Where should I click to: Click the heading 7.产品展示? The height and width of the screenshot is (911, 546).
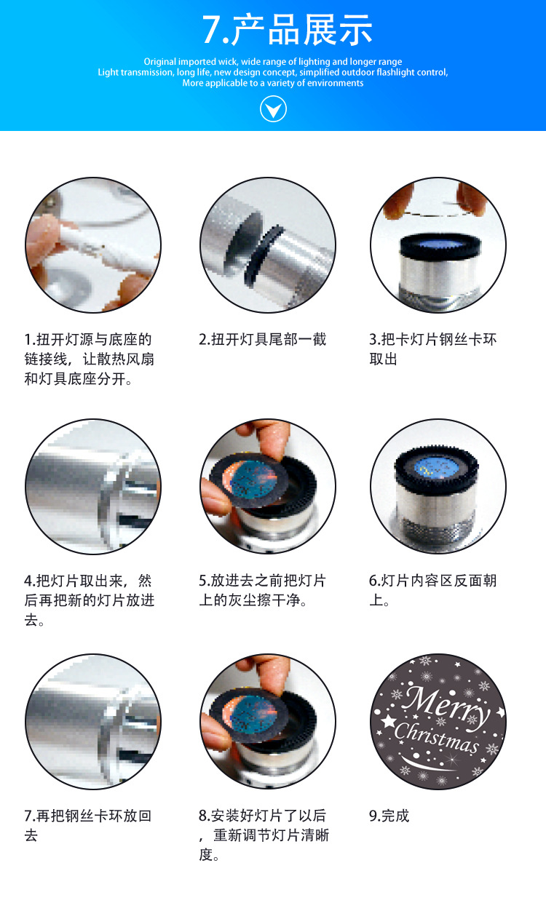tap(287, 31)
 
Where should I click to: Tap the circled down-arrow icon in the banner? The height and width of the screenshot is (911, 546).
tap(273, 109)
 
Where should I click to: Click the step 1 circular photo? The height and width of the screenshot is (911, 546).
tap(93, 245)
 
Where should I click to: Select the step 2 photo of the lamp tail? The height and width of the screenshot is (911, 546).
tap(268, 245)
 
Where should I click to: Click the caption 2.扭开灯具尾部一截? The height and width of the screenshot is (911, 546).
tap(263, 339)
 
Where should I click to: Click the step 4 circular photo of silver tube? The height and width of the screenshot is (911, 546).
tap(93, 486)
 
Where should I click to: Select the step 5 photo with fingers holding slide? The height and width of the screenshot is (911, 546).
tap(268, 486)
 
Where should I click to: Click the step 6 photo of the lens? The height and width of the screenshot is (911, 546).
tap(438, 486)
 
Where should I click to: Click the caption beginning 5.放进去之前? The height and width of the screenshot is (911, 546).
tap(263, 590)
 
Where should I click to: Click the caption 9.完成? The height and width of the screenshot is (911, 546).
tap(389, 816)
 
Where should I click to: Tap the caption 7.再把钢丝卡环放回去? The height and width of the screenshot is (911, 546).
tap(88, 825)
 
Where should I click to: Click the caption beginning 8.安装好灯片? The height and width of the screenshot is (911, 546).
tap(264, 835)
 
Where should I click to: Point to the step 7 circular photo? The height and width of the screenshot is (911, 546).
tap(93, 721)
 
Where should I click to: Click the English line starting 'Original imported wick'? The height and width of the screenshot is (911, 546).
tap(273, 62)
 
